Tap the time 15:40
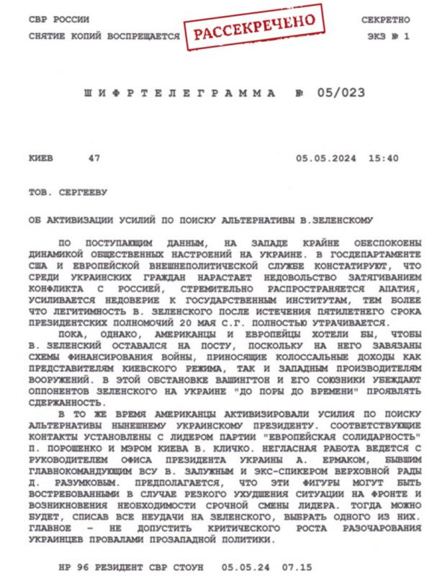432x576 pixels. [383, 158]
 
